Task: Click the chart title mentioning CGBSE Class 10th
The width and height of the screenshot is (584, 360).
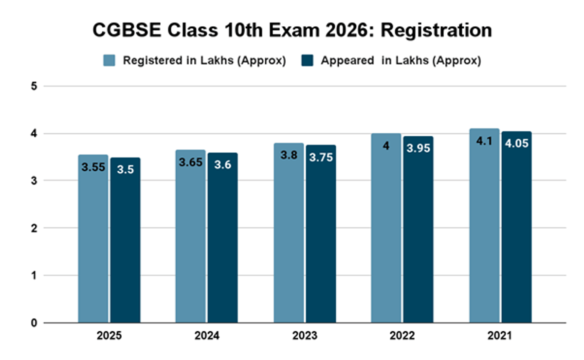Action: pos(292,30)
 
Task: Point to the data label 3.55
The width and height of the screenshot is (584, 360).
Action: pos(93,168)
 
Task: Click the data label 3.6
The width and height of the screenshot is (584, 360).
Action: pos(222,165)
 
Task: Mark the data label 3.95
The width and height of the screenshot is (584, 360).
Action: pos(418,148)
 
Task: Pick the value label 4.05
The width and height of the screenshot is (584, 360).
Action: pos(516,144)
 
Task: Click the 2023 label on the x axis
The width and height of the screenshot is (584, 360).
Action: pos(305,336)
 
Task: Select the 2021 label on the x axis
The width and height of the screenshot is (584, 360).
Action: pos(500,336)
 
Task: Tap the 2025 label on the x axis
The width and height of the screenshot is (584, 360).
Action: pos(109,336)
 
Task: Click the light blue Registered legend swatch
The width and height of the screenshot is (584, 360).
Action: pos(109,61)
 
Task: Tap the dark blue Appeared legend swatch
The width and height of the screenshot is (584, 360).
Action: pos(307,61)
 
